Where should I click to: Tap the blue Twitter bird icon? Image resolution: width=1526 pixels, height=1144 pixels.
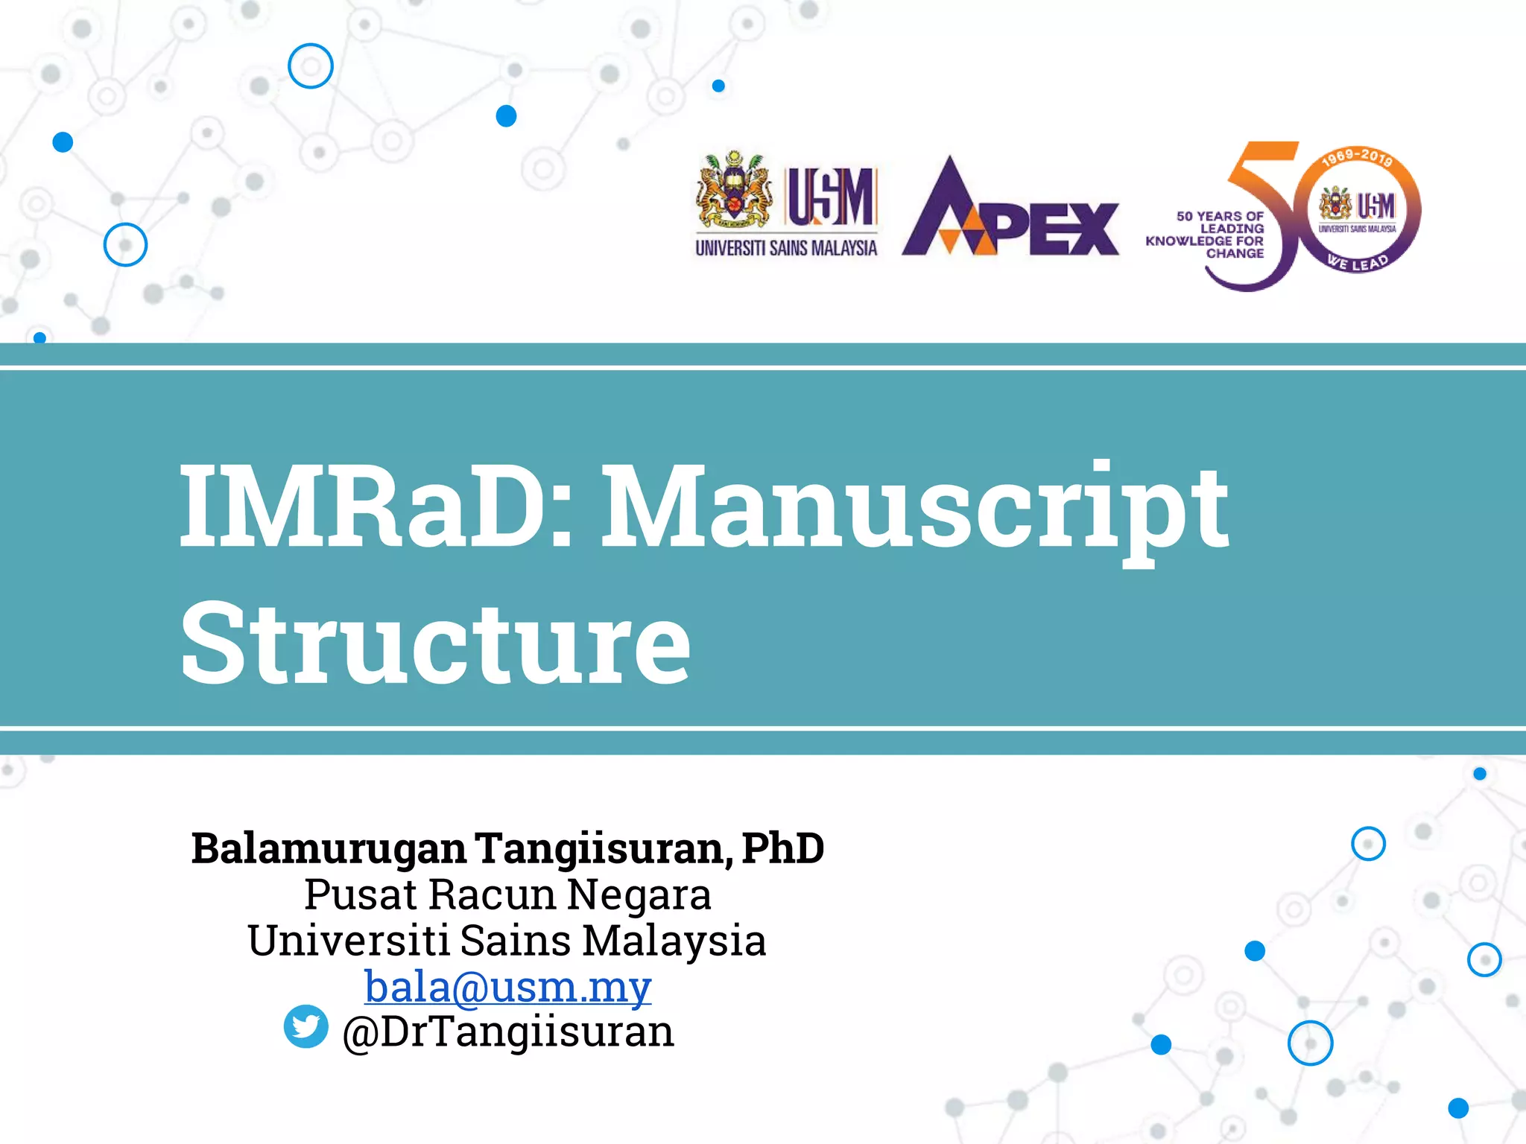point(306,1026)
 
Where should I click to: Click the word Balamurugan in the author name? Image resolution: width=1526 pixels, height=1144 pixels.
point(329,848)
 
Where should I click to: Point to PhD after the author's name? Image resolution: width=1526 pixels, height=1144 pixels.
point(783,848)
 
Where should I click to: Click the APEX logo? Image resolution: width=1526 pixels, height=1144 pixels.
point(1010,210)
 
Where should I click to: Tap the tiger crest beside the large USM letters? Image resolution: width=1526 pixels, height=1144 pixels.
point(734,191)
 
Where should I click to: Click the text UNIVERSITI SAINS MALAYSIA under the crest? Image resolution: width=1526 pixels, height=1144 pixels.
point(786,248)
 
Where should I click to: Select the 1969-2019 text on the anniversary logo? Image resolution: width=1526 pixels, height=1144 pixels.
point(1357,157)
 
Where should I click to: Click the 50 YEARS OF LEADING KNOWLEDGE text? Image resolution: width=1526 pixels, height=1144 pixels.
point(1207,235)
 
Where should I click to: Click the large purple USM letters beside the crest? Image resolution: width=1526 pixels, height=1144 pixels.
point(832,197)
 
